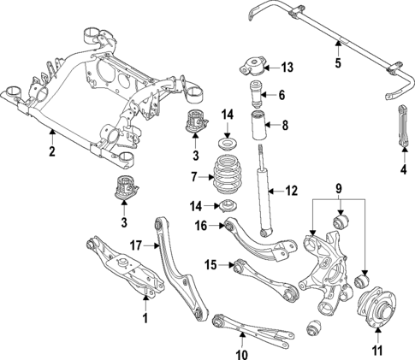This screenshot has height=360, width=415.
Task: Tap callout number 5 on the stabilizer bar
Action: click(337, 62)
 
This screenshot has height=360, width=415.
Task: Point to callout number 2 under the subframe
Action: click(52, 152)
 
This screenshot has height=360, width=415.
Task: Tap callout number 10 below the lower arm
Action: click(241, 352)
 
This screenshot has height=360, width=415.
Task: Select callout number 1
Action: click(145, 319)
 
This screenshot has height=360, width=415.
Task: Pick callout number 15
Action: click(210, 265)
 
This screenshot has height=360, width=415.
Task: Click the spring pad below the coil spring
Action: click(227, 206)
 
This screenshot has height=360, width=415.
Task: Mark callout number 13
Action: click(287, 66)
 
